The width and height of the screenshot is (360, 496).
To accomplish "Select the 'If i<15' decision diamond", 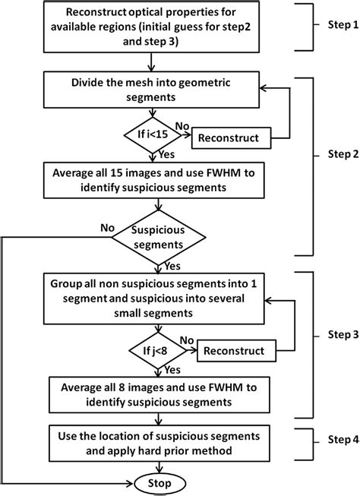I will click(x=157, y=137).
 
